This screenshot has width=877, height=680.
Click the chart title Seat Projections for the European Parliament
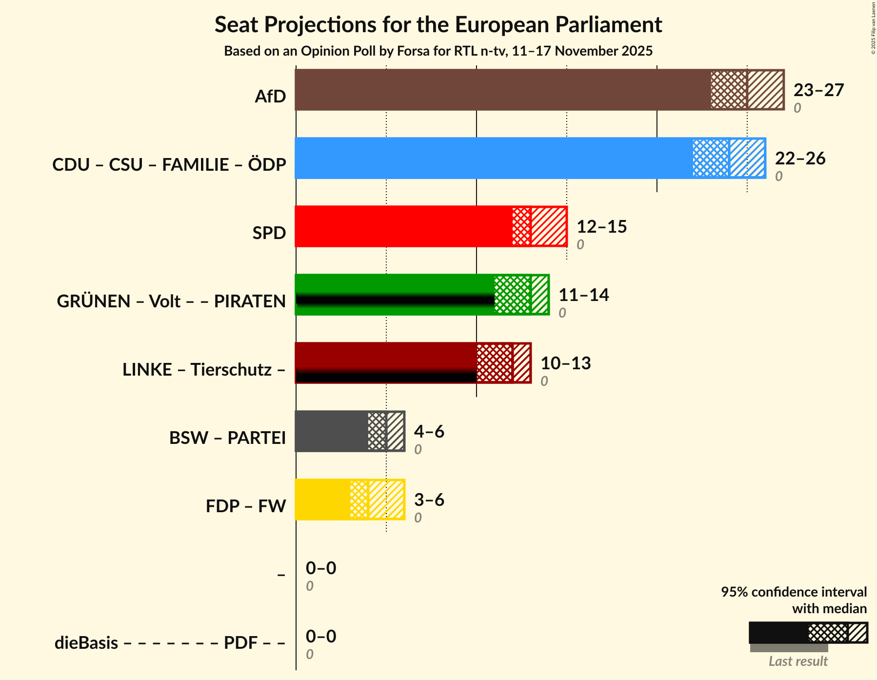click(438, 24)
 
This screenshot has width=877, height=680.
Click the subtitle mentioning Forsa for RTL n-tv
click(438, 51)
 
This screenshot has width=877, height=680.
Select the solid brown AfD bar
click(502, 90)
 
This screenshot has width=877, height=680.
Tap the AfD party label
click(270, 97)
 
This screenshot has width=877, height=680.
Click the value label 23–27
click(818, 90)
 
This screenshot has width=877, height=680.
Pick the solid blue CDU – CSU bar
click(493, 158)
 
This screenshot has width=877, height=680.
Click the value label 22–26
click(800, 159)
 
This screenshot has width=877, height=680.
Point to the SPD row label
click(269, 233)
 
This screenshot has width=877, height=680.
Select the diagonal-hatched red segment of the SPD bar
click(549, 226)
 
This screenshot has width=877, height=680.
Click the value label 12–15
click(601, 227)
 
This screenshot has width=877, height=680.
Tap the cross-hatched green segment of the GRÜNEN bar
click(512, 295)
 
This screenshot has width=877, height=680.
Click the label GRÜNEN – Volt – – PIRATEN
click(171, 301)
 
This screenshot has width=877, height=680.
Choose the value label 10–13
click(565, 363)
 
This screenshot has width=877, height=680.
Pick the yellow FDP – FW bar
click(322, 500)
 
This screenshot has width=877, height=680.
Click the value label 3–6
click(429, 500)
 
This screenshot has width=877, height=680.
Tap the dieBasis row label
click(86, 643)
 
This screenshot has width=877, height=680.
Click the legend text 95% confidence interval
click(794, 592)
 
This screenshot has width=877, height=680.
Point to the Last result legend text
click(798, 661)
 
